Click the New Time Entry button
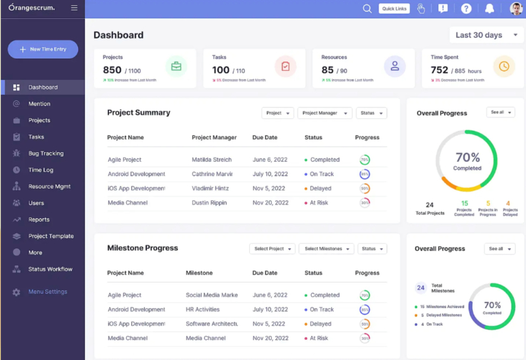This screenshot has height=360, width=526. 43,49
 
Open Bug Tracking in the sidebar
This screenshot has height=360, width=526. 45,153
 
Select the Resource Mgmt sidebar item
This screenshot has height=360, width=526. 49,186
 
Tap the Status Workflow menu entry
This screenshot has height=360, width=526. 50,269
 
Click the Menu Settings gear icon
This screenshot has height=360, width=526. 16,292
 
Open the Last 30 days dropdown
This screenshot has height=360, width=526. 486,35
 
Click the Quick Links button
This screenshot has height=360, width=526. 394,8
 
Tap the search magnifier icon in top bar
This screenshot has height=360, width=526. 367,8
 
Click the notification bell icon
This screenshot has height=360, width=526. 490,8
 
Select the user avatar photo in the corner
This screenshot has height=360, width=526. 516,8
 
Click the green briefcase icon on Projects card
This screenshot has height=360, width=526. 176,66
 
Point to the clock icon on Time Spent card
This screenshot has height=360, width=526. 504,66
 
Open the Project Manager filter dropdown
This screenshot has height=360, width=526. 325,113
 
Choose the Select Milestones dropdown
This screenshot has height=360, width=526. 326,249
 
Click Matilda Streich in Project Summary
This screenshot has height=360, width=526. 212,160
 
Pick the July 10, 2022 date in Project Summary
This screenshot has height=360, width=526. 269,174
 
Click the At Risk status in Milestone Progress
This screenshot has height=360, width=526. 318,339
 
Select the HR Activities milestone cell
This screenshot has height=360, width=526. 203,310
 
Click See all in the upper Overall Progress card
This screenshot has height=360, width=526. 500,112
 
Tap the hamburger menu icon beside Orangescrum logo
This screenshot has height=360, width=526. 74,8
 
